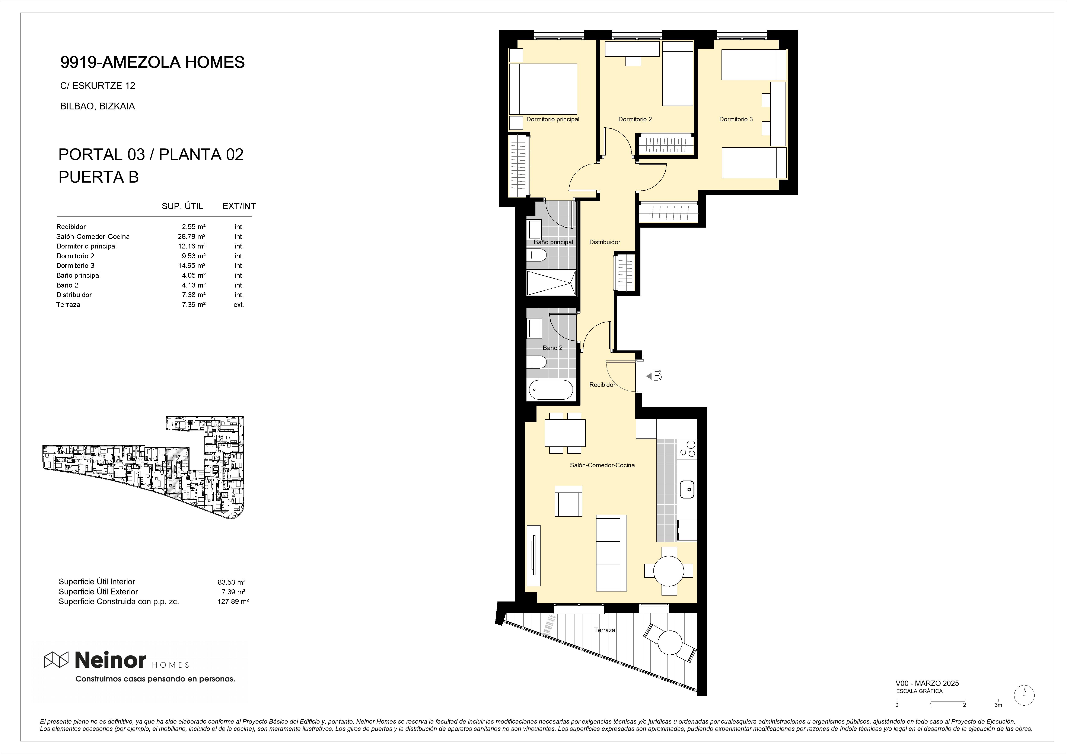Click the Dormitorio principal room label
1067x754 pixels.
pos(552,119)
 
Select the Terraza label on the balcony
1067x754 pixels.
pos(604,630)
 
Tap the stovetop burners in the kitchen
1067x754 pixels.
pos(687,449)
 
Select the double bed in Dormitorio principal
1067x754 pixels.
pos(543,89)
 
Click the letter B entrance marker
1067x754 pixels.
pos(657,375)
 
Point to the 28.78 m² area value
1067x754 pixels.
pos(188,237)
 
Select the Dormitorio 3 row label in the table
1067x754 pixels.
pos(75,266)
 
